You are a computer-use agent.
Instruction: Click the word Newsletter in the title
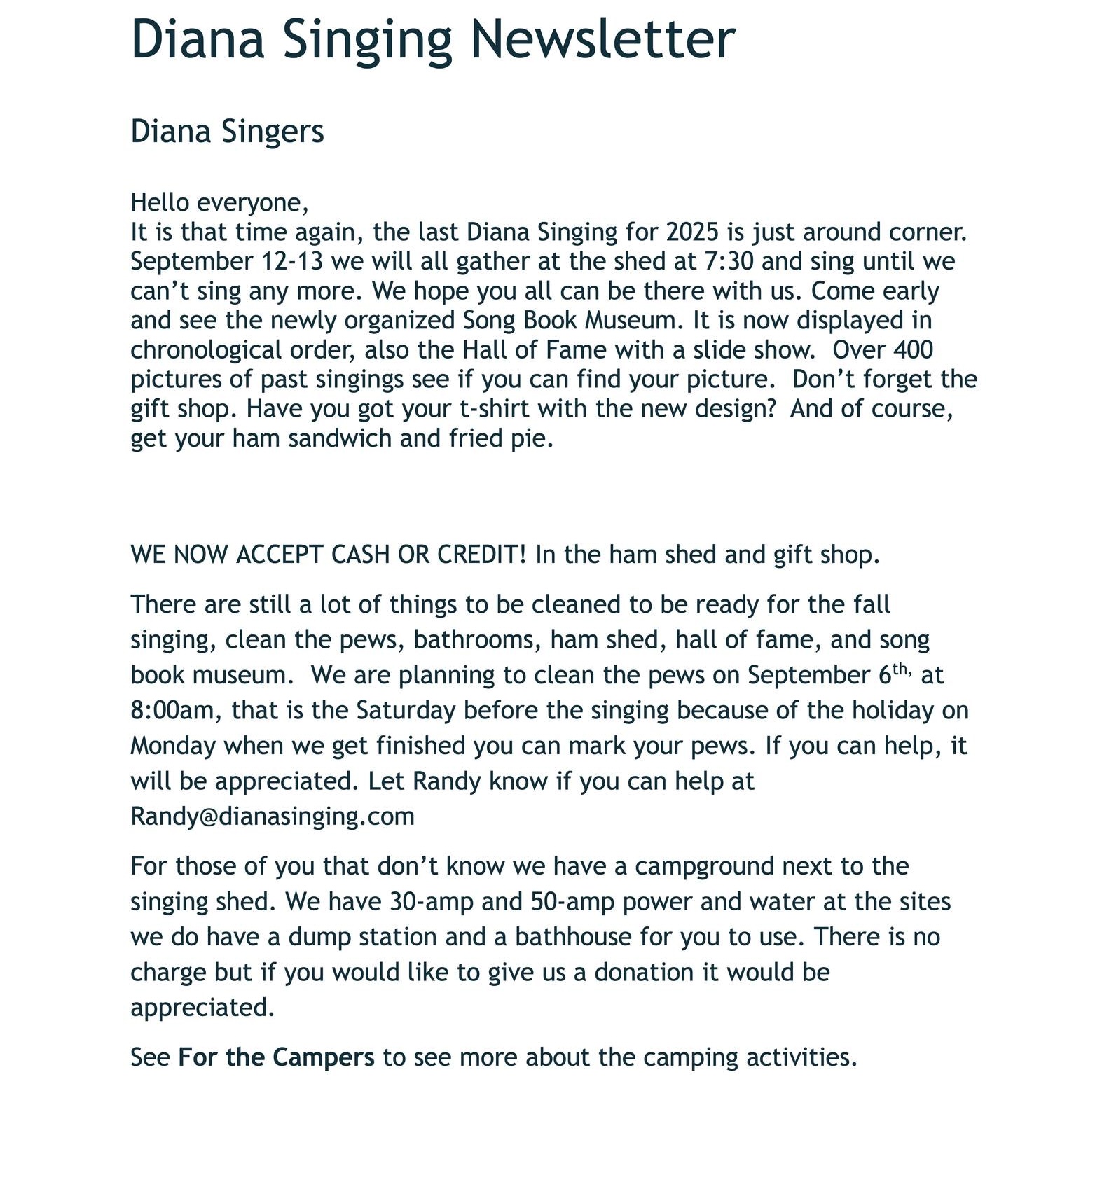602,39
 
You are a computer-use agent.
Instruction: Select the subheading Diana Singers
227,132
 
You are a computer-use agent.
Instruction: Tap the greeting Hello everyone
219,202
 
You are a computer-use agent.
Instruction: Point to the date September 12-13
227,261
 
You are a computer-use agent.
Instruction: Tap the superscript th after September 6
900,669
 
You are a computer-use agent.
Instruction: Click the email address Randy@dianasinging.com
273,816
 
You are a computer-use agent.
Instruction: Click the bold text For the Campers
277,1057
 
